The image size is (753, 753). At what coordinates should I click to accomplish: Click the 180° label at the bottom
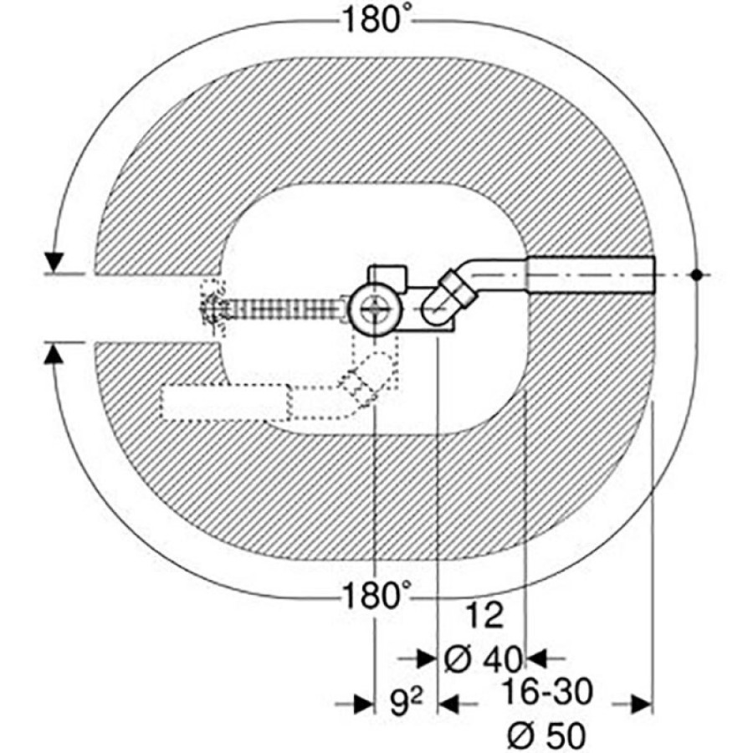point(377,596)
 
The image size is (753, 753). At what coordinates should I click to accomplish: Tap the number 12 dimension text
point(485,615)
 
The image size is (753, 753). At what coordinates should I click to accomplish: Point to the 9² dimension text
point(405,704)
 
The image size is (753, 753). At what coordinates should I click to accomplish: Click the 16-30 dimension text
point(547,692)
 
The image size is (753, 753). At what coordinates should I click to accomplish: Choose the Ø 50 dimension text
point(547,735)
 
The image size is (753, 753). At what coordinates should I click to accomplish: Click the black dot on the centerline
point(697,274)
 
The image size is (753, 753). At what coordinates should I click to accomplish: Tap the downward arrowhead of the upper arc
point(54,261)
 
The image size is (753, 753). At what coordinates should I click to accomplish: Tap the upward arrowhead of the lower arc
point(54,356)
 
